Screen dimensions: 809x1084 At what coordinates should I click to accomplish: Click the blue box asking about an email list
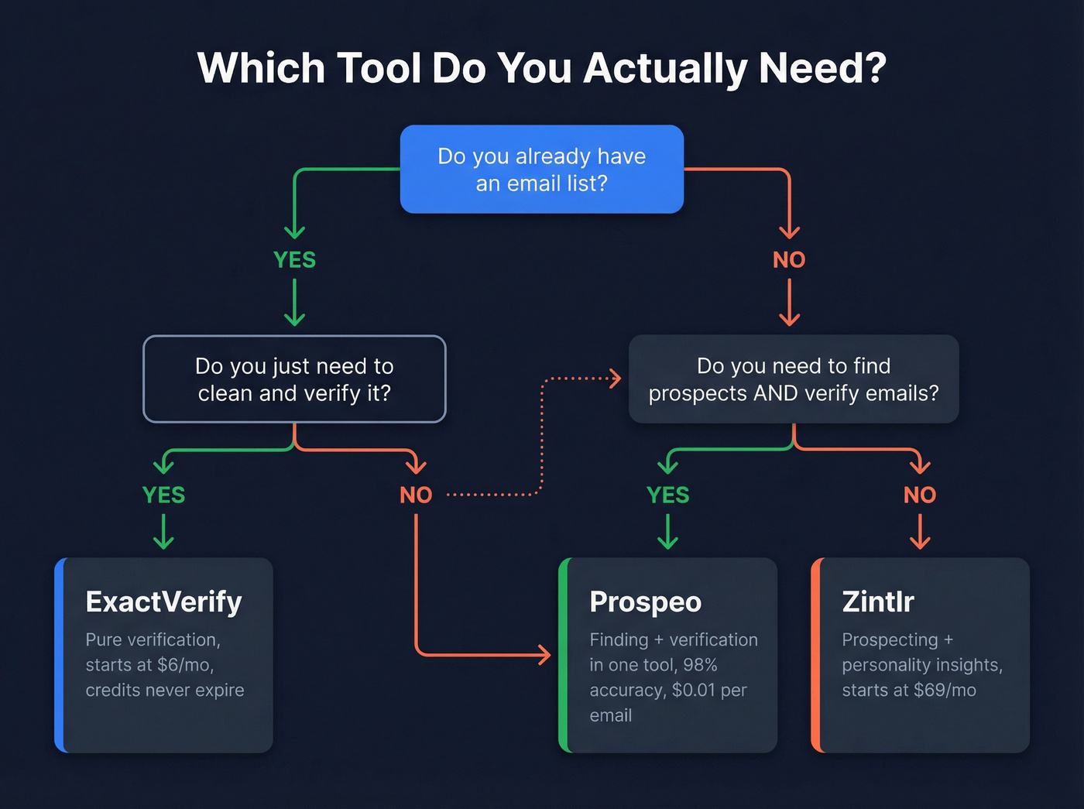pyautogui.click(x=541, y=170)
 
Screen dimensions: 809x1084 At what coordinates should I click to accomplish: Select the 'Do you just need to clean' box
pyautogui.click(x=294, y=379)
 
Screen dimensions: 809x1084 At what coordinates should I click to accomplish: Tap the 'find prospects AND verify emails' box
pyautogui.click(x=794, y=379)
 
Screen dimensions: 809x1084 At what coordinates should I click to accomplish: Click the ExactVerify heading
pyautogui.click(x=163, y=602)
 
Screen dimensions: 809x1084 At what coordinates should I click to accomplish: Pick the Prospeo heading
pyautogui.click(x=645, y=602)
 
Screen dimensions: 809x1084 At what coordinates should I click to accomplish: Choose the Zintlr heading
pyautogui.click(x=878, y=602)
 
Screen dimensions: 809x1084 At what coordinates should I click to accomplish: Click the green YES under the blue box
pyautogui.click(x=294, y=259)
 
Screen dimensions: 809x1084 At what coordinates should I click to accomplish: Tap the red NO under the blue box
pyautogui.click(x=789, y=259)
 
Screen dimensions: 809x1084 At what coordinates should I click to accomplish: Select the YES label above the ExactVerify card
pyautogui.click(x=163, y=495)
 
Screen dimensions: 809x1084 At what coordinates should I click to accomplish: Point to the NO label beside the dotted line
pyautogui.click(x=416, y=495)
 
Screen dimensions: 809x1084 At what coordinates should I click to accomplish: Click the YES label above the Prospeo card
pyautogui.click(x=667, y=495)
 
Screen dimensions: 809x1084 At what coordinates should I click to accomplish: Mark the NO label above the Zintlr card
pyautogui.click(x=920, y=495)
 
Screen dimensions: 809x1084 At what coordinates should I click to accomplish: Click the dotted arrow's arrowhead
pyautogui.click(x=616, y=379)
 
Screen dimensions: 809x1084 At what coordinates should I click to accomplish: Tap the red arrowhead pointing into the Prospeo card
pyautogui.click(x=545, y=656)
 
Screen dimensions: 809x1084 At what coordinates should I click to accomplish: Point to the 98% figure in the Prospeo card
pyautogui.click(x=700, y=665)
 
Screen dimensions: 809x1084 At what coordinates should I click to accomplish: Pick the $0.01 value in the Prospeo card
pyautogui.click(x=694, y=690)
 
